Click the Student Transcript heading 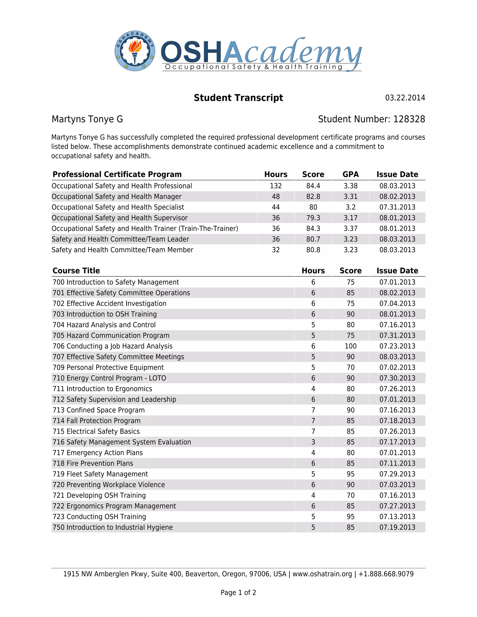coord(238,98)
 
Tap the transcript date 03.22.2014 coord(405,98)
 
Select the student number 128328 coord(409,119)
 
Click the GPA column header coord(350,174)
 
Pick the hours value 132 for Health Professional coord(276,186)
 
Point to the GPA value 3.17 coord(350,218)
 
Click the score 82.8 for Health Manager coord(313,197)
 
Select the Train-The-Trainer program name coord(145,229)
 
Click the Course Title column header coord(76,271)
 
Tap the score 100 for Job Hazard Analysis coord(350,346)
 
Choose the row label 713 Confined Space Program coord(99,410)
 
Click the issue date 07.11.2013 coord(397,463)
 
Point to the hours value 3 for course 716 coord(313,442)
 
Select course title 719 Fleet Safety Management coord(100,474)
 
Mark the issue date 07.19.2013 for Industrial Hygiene coord(397,527)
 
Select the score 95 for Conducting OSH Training coord(350,517)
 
